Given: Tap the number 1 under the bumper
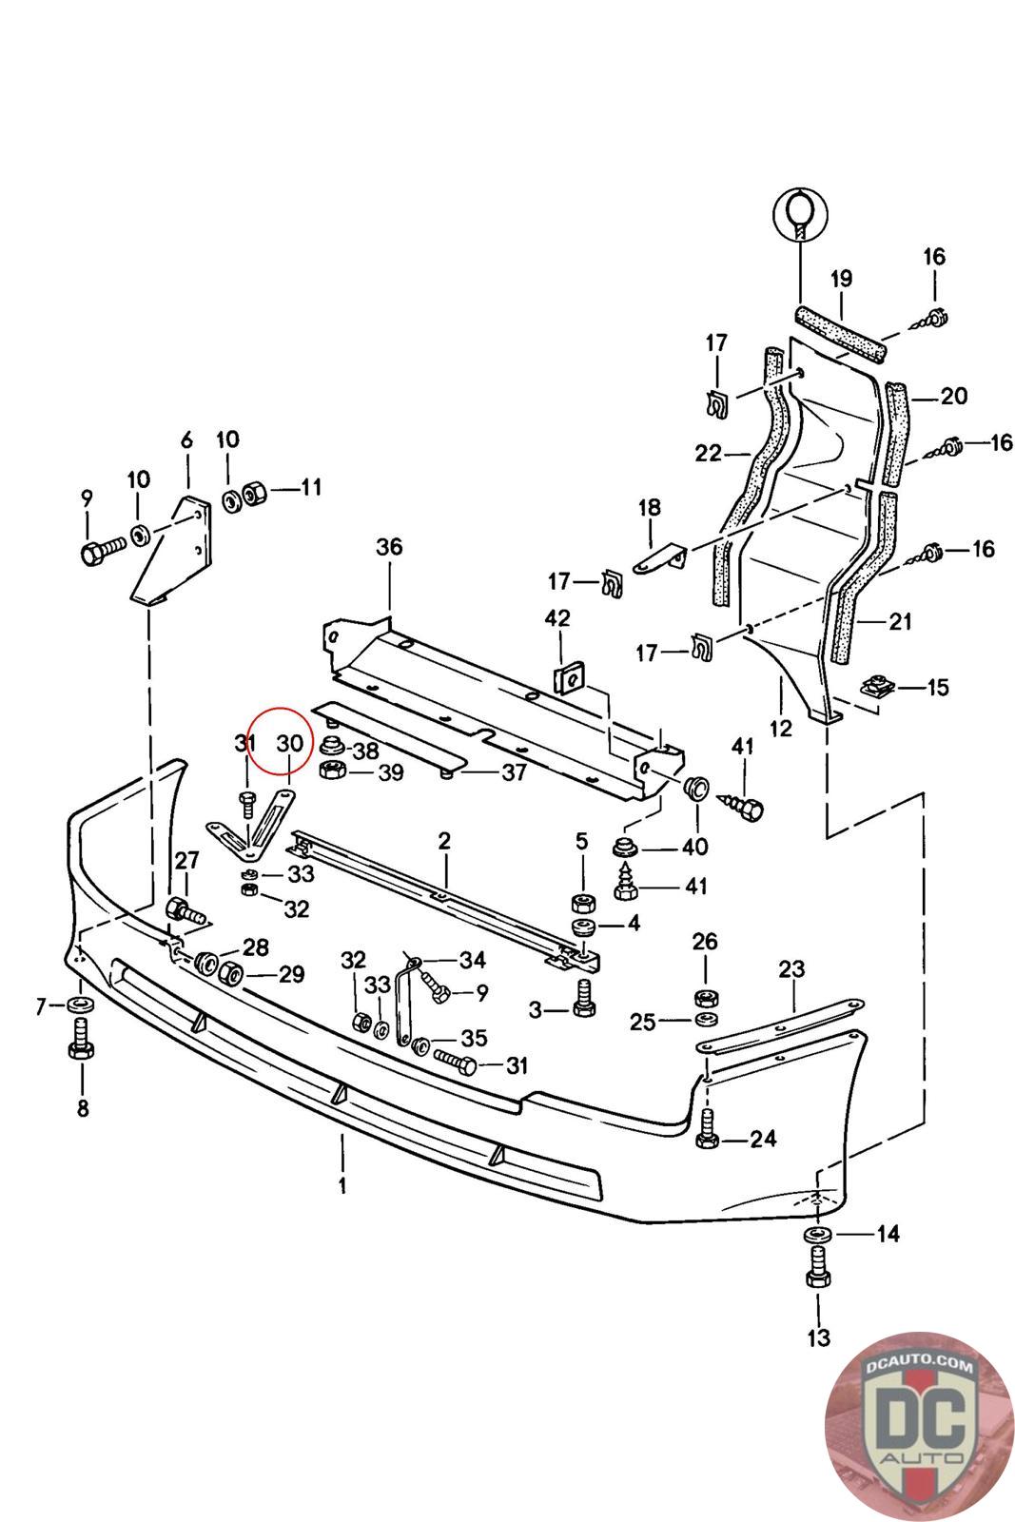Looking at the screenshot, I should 342,1185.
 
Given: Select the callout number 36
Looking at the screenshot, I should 389,547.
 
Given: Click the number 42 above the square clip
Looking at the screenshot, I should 557,618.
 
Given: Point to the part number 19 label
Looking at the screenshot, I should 841,279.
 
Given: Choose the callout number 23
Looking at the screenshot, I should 791,969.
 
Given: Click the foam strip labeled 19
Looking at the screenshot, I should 840,333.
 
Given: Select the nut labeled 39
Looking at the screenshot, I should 334,771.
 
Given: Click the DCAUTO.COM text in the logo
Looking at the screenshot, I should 918,1369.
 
